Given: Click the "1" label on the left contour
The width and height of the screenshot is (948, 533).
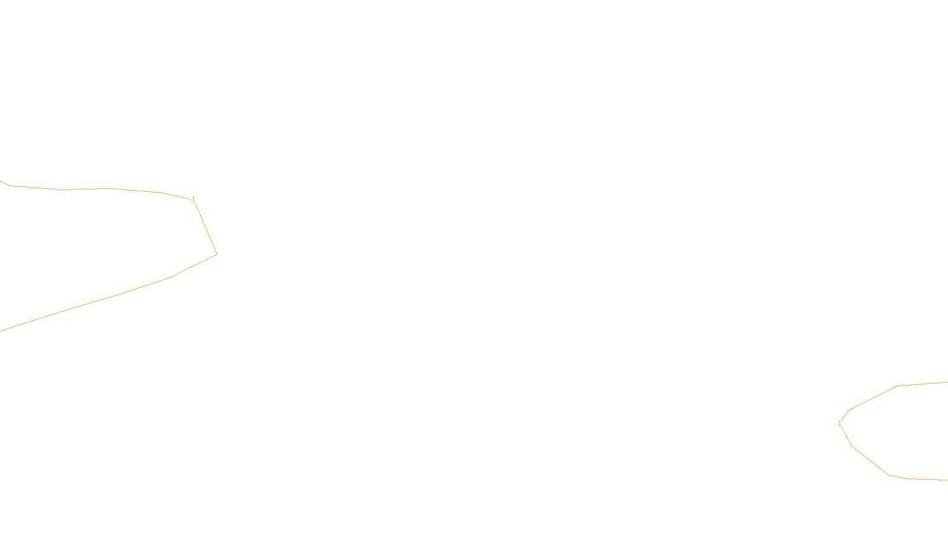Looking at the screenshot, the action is (x=193, y=200).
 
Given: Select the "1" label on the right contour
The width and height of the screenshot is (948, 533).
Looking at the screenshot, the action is (x=840, y=423).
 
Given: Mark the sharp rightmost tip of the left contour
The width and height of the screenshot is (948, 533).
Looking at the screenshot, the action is (x=217, y=254).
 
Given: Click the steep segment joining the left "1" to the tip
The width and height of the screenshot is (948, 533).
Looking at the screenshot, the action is (x=206, y=227).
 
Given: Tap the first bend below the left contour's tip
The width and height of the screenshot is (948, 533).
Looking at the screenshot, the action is (x=169, y=278).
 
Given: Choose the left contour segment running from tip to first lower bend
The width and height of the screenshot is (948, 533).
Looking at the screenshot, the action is (x=193, y=266).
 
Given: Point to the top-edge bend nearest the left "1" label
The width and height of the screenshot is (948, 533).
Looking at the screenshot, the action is (x=162, y=192).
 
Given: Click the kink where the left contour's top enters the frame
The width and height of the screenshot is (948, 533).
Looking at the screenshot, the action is (x=9, y=185).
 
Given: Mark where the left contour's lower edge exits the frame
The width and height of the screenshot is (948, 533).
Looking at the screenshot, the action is (x=1, y=330).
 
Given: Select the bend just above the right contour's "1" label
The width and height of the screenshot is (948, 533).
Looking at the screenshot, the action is (x=848, y=410).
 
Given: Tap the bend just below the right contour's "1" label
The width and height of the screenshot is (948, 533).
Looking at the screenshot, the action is (x=851, y=446).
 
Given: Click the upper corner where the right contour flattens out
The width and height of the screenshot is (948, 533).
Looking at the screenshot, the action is (x=897, y=386).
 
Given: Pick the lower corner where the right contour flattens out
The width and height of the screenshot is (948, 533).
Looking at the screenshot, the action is (x=889, y=475).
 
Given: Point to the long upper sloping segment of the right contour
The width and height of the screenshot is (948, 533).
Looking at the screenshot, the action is (x=873, y=398).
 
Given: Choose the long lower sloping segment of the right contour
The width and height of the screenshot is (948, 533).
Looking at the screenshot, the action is (x=870, y=461).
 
